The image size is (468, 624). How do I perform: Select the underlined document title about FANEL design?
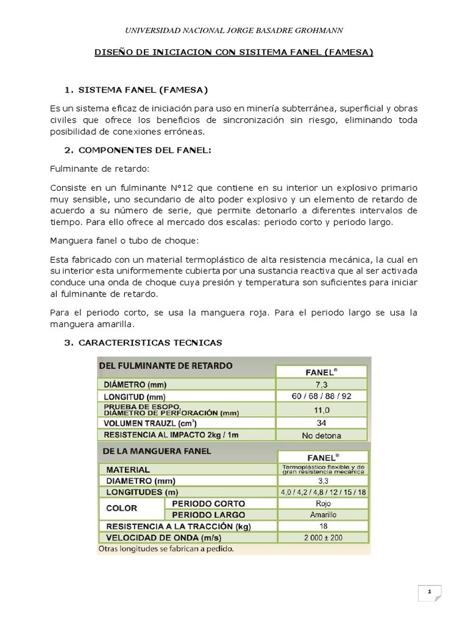pyautogui.click(x=234, y=53)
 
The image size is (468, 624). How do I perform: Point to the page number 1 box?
pyautogui.click(x=429, y=592)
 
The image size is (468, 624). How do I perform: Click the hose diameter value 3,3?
pyautogui.click(x=322, y=481)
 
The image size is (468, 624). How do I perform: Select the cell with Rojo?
pyautogui.click(x=322, y=503)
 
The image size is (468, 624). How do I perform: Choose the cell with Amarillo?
pyautogui.click(x=322, y=515)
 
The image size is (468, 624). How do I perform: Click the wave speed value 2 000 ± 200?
pyautogui.click(x=322, y=538)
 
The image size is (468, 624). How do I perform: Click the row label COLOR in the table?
pyautogui.click(x=121, y=508)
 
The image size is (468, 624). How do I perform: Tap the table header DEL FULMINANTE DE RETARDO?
pyautogui.click(x=165, y=366)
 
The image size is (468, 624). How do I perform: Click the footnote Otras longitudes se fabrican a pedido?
pyautogui.click(x=166, y=549)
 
